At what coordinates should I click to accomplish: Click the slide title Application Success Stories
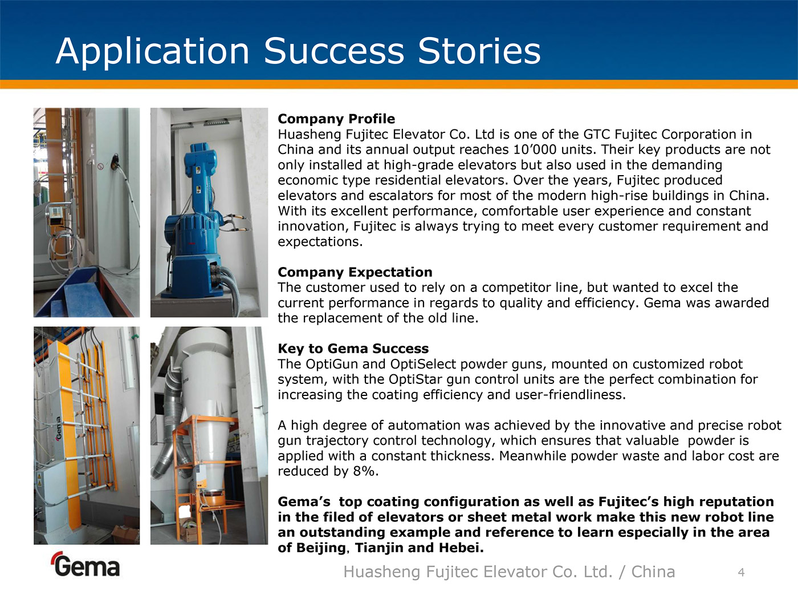click(x=298, y=52)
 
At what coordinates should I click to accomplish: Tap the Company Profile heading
click(x=336, y=119)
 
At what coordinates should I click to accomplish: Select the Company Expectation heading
click(x=355, y=273)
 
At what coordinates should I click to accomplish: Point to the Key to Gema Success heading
click(x=353, y=349)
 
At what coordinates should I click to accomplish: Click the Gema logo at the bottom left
click(x=86, y=564)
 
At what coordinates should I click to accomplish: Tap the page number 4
click(x=742, y=573)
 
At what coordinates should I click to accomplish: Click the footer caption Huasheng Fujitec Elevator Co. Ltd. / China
click(x=510, y=572)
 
